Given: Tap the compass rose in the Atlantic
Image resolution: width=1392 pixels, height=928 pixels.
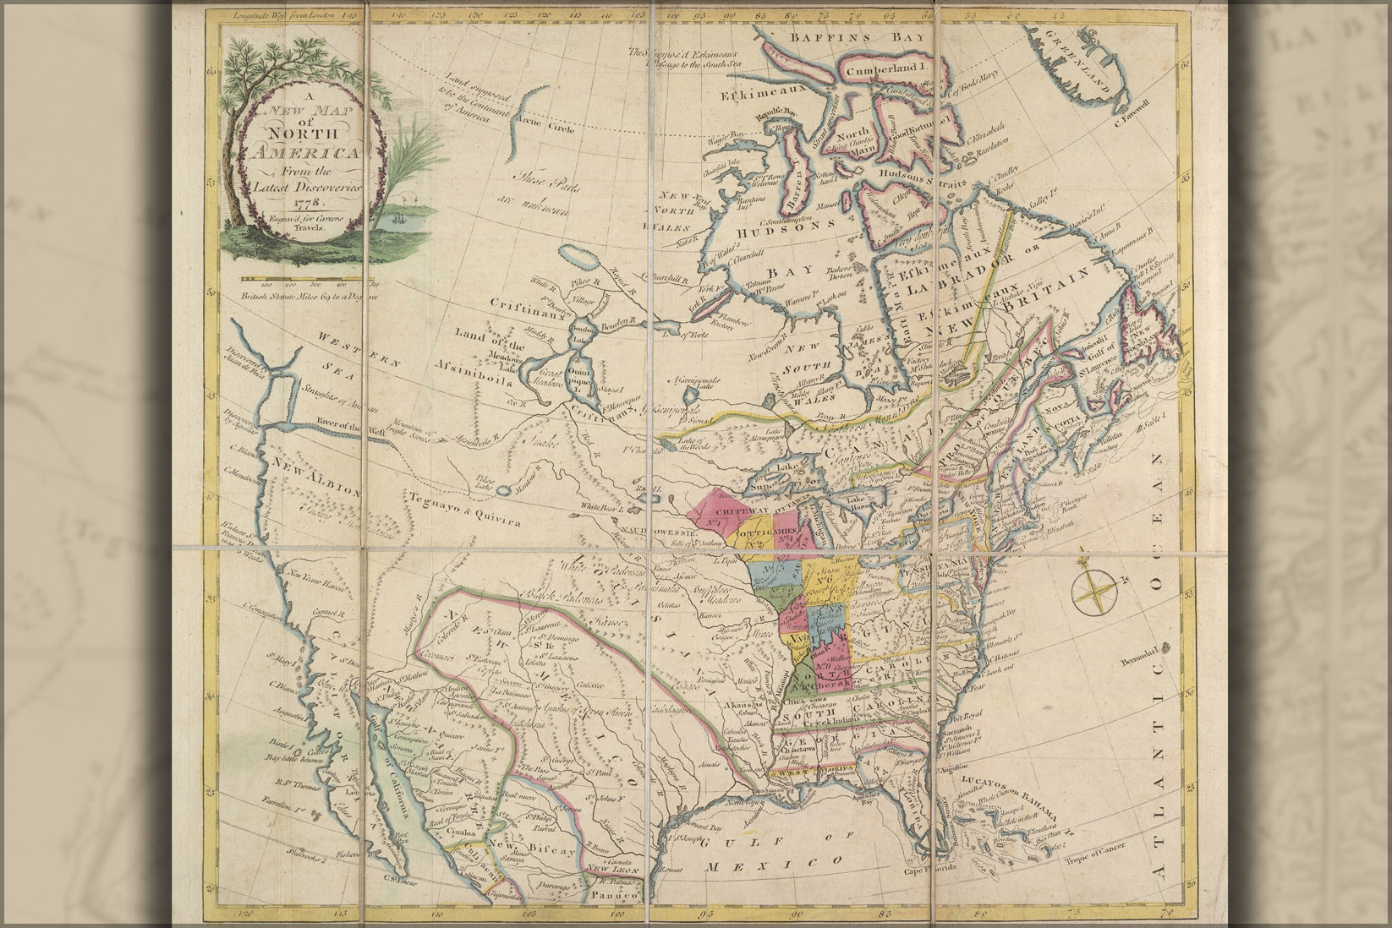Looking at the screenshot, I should (1096, 590).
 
